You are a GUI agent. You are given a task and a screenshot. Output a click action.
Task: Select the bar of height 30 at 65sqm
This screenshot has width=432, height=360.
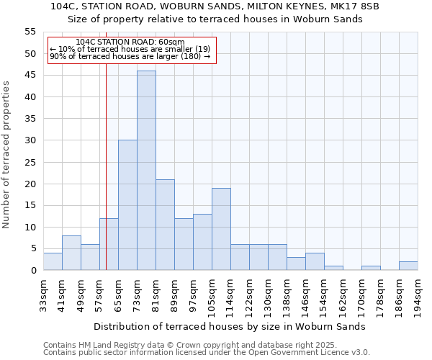[127, 205]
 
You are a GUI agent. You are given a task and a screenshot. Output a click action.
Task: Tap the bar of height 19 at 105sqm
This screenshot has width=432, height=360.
[221, 229]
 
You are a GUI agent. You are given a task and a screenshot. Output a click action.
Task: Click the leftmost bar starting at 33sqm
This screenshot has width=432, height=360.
[53, 261]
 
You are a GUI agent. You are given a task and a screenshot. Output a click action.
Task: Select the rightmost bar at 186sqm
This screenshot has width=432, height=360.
[408, 266]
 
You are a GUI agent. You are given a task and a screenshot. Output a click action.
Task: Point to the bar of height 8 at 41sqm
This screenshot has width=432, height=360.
[71, 253]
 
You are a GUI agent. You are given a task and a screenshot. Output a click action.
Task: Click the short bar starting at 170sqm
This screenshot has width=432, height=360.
[371, 268]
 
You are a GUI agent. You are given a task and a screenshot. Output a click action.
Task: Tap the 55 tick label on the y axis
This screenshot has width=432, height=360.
[30, 32]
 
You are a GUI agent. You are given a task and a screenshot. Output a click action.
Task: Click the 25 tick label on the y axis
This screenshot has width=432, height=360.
[30, 162]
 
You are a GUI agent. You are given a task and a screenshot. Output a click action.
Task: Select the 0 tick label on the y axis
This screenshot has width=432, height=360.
[32, 271]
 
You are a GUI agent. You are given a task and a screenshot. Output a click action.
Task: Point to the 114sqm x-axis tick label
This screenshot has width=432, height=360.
[230, 295]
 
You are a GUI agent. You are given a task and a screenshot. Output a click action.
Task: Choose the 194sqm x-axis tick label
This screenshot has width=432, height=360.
[418, 295]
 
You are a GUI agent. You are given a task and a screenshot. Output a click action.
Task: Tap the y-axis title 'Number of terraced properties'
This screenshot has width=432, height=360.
[6, 155]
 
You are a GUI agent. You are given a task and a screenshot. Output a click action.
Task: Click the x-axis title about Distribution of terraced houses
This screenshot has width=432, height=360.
[230, 326]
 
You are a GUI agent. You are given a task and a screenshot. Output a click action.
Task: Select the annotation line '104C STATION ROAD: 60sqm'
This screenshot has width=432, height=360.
[130, 42]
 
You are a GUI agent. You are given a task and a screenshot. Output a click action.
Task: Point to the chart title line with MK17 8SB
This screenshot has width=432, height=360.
[215, 6]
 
